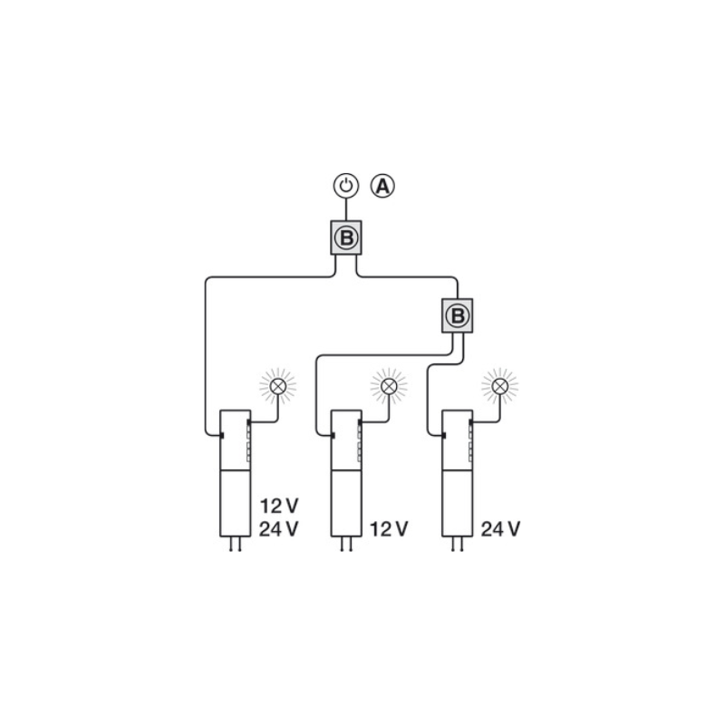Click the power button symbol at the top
(x=346, y=186)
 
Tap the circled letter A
(x=382, y=186)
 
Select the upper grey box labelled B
(x=346, y=237)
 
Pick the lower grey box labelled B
(x=458, y=315)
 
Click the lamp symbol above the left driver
(x=278, y=386)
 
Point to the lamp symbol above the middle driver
(x=389, y=386)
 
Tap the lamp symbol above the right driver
(x=500, y=386)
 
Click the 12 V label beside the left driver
(x=279, y=507)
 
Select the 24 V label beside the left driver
(x=279, y=529)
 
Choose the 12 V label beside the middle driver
(x=389, y=529)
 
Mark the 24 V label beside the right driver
(x=501, y=529)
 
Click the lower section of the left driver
(x=236, y=504)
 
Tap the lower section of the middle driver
(x=346, y=504)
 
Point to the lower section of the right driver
(x=458, y=504)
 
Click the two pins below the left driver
(x=236, y=545)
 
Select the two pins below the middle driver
(x=346, y=545)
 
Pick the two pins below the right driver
(x=458, y=545)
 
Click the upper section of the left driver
(x=236, y=440)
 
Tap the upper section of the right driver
(x=458, y=440)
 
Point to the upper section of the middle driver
(x=346, y=440)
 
